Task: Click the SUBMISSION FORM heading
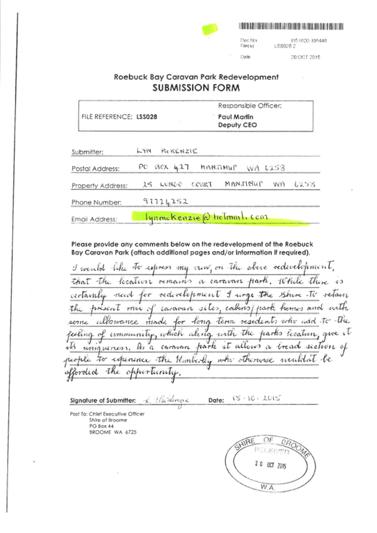(195, 88)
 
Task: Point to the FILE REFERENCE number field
(118, 116)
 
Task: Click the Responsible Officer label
(250, 106)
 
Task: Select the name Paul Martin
(234, 116)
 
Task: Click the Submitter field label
(87, 152)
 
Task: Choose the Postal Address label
(95, 168)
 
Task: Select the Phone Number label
(97, 202)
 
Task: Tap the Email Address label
(94, 219)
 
